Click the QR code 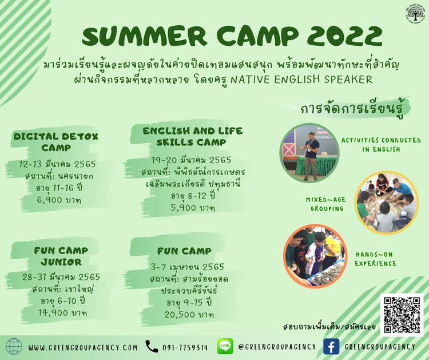pos(402,315)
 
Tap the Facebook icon pos(331,347)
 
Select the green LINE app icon pos(225,346)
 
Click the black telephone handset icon pos(152,346)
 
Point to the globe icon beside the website pos(14,347)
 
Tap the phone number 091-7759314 pos(185,347)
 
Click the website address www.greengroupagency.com pos(82,347)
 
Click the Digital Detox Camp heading pos(56,142)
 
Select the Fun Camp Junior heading pos(61,256)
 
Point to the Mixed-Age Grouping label pos(326,204)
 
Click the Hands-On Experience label pos(375,259)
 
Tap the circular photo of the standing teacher pos(309,152)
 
